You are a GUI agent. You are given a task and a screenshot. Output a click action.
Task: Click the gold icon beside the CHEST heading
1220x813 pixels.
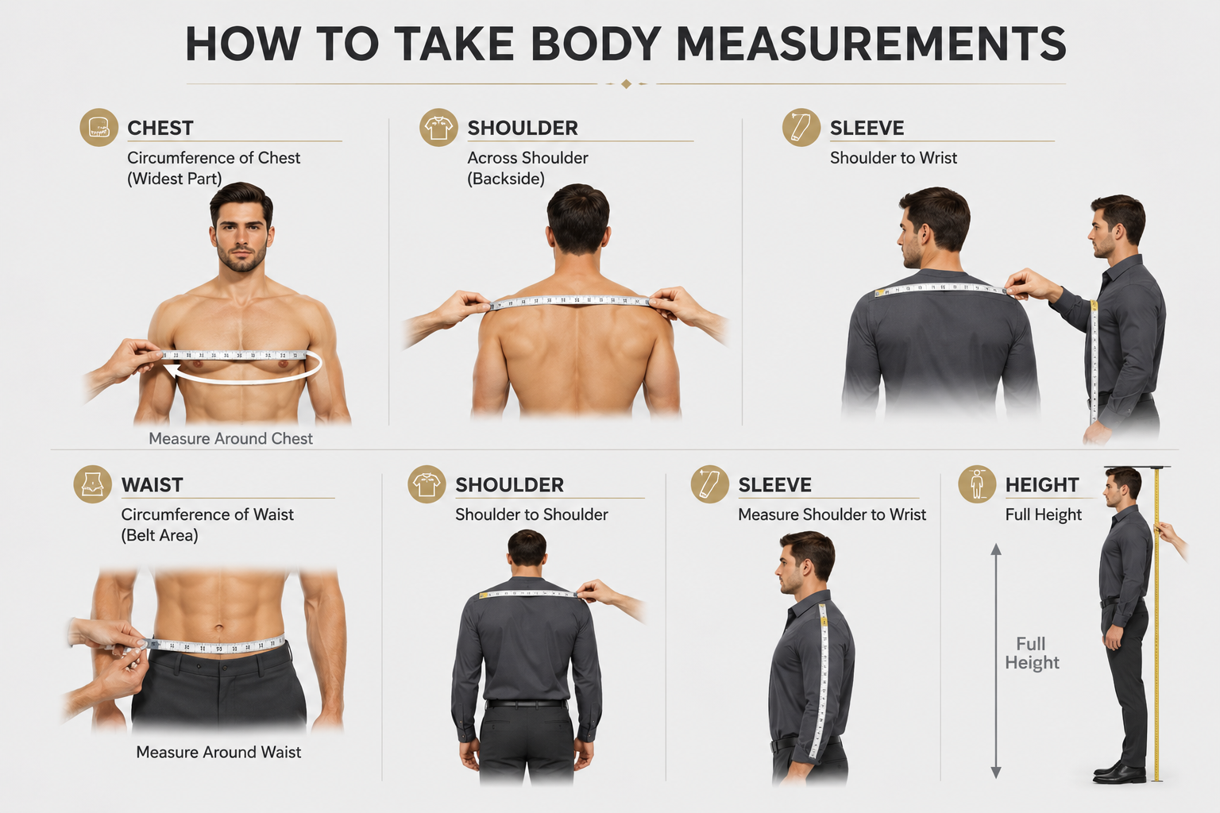tap(98, 127)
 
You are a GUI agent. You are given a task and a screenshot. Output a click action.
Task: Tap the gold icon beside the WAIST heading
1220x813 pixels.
tap(93, 484)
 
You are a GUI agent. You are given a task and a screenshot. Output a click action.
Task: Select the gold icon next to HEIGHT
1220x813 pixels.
tap(977, 484)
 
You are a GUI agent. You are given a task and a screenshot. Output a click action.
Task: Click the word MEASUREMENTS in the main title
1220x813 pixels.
tap(871, 44)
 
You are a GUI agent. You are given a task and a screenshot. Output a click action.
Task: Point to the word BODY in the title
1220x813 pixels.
tap(596, 44)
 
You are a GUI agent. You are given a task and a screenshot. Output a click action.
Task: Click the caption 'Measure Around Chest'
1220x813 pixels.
tap(231, 438)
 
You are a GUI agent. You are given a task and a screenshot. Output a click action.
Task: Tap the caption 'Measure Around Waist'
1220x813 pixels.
tap(218, 752)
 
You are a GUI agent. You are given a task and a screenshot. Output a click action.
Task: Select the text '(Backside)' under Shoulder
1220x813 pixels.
tap(506, 179)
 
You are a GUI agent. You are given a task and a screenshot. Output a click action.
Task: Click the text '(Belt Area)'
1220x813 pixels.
tap(160, 535)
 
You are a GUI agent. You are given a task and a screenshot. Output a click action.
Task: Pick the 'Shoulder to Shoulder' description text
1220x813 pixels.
tap(531, 514)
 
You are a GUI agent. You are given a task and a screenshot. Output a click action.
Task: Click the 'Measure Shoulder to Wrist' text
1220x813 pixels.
tap(832, 514)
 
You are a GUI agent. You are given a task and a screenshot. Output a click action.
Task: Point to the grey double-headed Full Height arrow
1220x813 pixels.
tap(995, 661)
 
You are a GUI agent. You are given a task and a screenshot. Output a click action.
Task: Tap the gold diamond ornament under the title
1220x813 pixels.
tap(627, 84)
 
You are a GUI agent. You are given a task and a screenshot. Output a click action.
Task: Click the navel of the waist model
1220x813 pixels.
tap(219, 628)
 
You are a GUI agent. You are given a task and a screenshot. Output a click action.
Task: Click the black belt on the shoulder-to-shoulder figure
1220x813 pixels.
tap(526, 703)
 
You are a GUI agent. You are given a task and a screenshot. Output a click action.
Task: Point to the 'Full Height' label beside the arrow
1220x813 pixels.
tap(1032, 653)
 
